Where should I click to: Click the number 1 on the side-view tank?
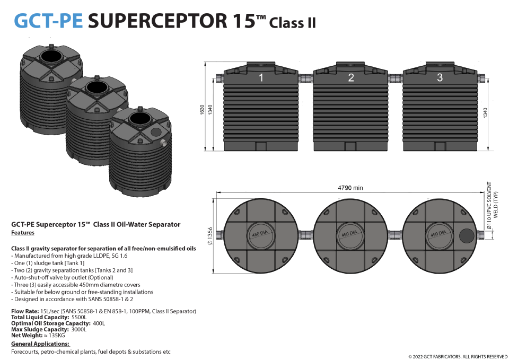[x=261, y=78]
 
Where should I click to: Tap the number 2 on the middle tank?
[x=350, y=78]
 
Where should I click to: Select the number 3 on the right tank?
[x=440, y=78]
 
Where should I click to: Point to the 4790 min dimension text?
[x=350, y=188]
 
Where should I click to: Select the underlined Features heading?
[x=23, y=233]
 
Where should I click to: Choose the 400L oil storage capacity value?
[x=99, y=323]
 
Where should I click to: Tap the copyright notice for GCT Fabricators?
[x=458, y=356]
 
